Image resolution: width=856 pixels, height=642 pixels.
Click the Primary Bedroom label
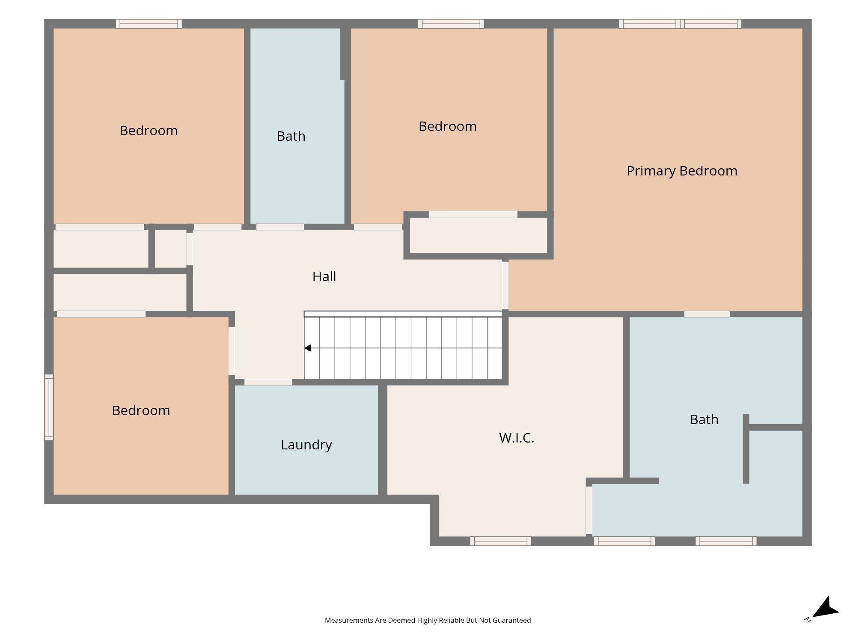click(x=682, y=171)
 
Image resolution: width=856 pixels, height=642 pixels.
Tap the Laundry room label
click(x=306, y=445)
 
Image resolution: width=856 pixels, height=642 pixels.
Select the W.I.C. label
click(x=517, y=438)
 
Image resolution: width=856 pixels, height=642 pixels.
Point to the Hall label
click(x=324, y=276)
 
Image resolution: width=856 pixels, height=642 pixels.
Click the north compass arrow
click(x=825, y=608)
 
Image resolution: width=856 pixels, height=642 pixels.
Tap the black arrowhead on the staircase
click(x=307, y=348)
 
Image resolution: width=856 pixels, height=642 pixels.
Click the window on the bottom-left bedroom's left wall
click(x=49, y=407)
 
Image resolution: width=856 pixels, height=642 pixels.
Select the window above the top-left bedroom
click(x=149, y=24)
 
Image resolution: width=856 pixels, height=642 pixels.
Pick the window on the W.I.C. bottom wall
click(x=501, y=541)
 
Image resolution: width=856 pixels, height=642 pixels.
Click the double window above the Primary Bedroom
click(x=680, y=24)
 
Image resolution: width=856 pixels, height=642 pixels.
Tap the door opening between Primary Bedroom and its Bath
click(x=707, y=314)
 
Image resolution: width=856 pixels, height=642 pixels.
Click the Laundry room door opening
click(x=268, y=382)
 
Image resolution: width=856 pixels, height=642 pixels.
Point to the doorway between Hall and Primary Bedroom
click(x=505, y=285)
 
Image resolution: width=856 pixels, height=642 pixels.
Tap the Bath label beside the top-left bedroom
click(x=291, y=136)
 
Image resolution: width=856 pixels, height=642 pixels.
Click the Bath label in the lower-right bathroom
click(x=704, y=419)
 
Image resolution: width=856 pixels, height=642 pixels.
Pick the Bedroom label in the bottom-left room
click(x=141, y=410)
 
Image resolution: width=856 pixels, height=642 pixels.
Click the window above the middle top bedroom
click(x=451, y=24)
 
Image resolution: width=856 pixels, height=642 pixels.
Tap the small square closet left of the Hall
click(x=170, y=249)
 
